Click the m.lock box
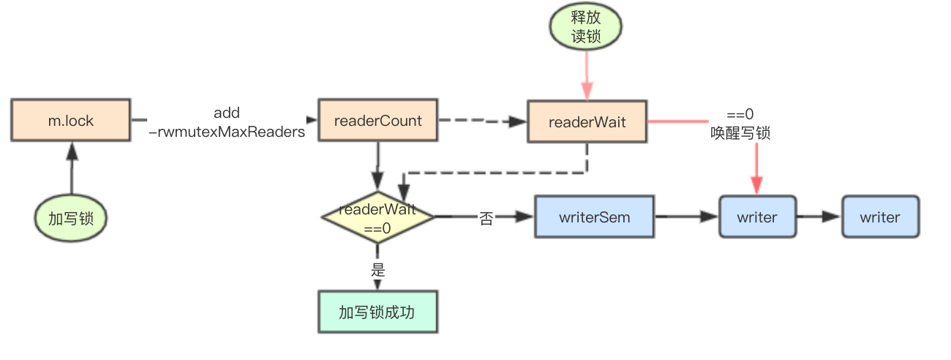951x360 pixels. click(x=71, y=121)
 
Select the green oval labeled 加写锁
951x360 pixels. click(x=71, y=217)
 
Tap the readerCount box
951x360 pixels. click(x=377, y=121)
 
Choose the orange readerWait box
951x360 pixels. click(x=587, y=122)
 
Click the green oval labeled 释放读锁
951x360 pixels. click(x=586, y=27)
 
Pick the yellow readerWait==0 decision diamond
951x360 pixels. click(x=377, y=217)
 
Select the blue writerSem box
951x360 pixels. click(x=594, y=217)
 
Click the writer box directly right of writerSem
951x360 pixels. click(x=756, y=217)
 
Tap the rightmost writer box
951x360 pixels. click(x=880, y=217)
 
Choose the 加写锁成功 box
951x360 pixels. click(x=377, y=312)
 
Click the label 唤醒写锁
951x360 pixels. click(x=740, y=133)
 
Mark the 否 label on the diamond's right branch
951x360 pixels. click(x=486, y=218)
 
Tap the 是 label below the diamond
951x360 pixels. click(x=378, y=269)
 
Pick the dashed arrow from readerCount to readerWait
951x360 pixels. click(x=483, y=121)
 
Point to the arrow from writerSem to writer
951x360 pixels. click(x=686, y=217)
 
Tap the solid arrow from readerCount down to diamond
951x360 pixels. click(x=377, y=165)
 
